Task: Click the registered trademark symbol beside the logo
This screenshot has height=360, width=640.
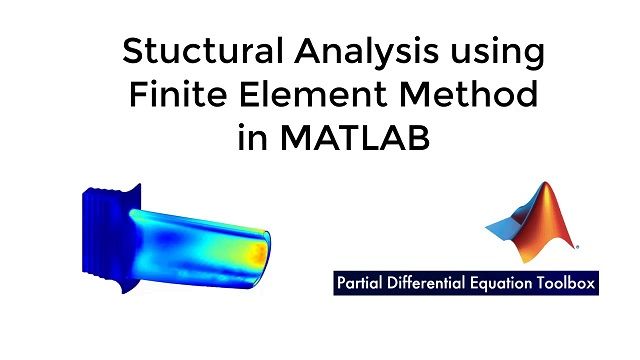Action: (x=577, y=246)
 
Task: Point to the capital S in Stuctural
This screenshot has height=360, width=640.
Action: (x=131, y=51)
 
